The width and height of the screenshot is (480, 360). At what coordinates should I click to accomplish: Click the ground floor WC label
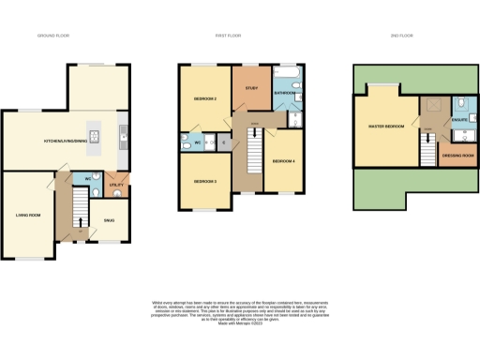coord(87,178)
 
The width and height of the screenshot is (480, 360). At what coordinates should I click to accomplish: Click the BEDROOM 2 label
coord(206,98)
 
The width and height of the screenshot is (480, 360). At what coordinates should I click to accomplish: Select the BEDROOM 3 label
coord(206,181)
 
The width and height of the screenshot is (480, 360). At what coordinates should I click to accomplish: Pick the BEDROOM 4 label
coord(283,161)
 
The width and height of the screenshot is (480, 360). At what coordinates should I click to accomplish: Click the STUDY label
coord(251,89)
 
